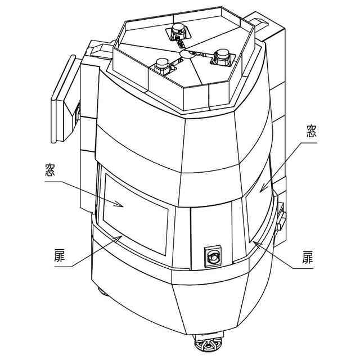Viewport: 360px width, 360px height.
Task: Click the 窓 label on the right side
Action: point(310,132)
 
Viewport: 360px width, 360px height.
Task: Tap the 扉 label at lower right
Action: point(307,258)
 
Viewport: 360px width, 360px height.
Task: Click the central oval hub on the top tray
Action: point(188,54)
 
